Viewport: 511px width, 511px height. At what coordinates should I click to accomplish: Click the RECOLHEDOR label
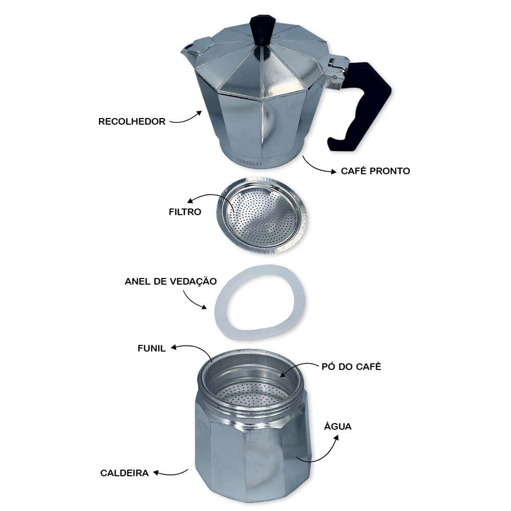tap(132, 122)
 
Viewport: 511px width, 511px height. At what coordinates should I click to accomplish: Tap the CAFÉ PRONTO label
tap(376, 171)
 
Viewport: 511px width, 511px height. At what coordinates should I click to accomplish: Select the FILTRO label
tap(185, 212)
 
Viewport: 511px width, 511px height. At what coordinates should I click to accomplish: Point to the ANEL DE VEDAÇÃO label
tap(171, 281)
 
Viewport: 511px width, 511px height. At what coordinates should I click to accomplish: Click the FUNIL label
tap(152, 349)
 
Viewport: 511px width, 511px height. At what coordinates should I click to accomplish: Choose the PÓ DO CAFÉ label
tap(352, 366)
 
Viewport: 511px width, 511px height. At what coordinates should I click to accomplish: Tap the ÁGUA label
tap(338, 426)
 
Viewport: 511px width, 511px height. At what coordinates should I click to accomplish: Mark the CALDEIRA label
tap(125, 473)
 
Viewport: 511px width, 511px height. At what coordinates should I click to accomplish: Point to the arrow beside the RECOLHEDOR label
tap(187, 119)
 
